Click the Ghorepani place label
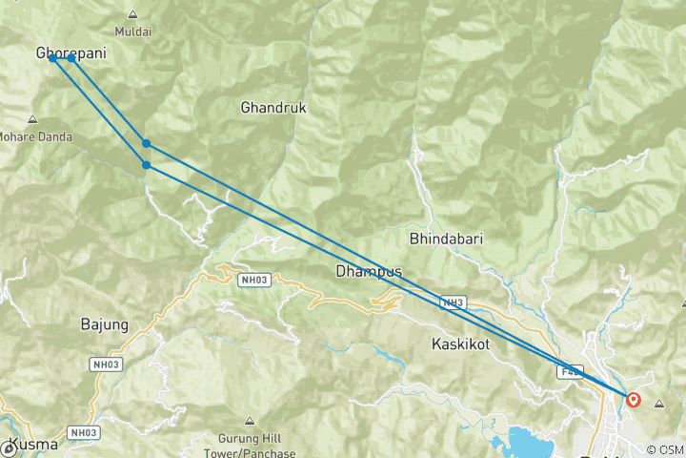[x=70, y=53]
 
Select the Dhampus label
[x=368, y=272]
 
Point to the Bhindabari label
[x=441, y=237]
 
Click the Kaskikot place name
[x=460, y=343]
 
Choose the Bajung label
[x=104, y=325]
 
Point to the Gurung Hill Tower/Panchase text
[x=251, y=446]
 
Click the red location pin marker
[x=634, y=399]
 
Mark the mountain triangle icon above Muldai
[x=131, y=14]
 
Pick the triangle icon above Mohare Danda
[x=32, y=119]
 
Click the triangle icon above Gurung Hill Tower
[x=250, y=421]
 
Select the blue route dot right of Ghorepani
[x=71, y=58]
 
